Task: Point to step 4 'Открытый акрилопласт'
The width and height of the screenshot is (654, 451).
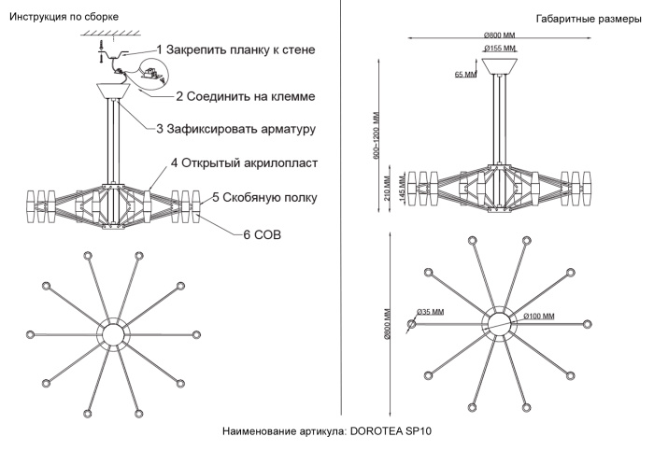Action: tap(245, 163)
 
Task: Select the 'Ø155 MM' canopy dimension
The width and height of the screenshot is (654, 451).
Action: tap(500, 48)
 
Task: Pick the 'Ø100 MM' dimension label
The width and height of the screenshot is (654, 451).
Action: tap(543, 317)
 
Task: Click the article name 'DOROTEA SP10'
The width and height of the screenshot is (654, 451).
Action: tap(328, 432)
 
